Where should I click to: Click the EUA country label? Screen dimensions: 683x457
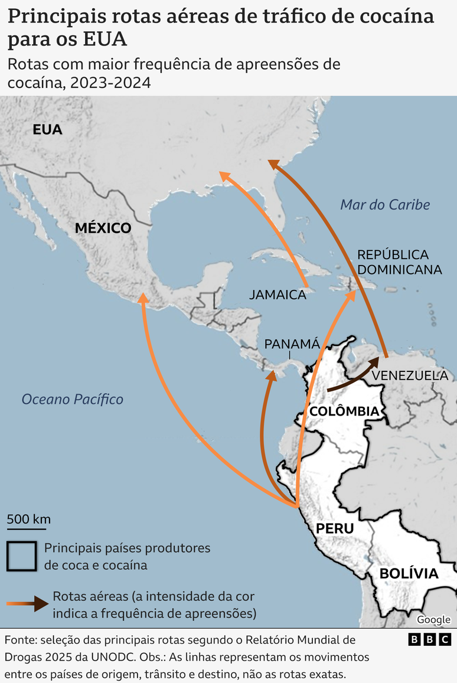click(47, 130)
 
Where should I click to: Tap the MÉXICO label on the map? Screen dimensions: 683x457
click(103, 228)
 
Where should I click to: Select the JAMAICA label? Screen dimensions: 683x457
click(278, 295)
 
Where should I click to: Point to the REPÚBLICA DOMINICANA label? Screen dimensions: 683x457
click(399, 262)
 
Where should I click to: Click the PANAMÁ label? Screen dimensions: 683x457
click(292, 344)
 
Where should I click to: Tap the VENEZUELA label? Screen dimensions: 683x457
click(410, 375)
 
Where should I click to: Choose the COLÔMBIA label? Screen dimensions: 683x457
click(344, 411)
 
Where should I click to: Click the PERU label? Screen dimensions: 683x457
click(335, 528)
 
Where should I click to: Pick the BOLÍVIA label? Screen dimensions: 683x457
click(409, 573)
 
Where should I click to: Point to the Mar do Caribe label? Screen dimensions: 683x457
click(385, 205)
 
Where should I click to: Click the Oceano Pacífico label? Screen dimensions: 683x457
click(73, 400)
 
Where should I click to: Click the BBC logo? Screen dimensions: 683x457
click(430, 639)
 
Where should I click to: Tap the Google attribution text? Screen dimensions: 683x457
click(433, 620)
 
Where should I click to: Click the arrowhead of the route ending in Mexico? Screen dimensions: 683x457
click(142, 298)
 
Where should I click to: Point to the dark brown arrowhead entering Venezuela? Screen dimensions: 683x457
click(374, 362)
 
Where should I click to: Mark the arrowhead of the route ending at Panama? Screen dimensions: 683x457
click(272, 375)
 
